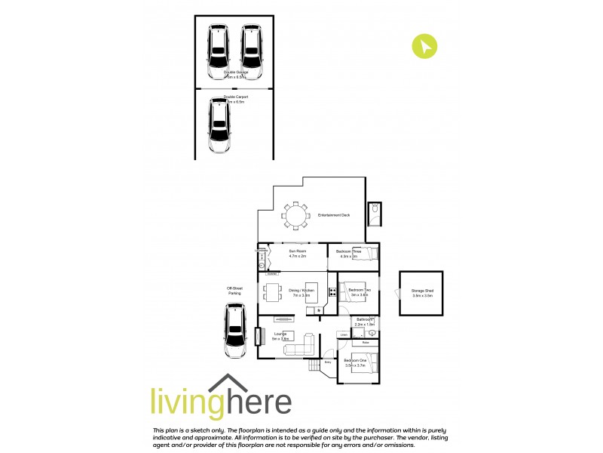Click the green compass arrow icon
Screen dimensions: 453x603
click(425, 46)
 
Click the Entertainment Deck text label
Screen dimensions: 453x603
click(334, 216)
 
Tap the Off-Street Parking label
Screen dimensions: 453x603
click(234, 291)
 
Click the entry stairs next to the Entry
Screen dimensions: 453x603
click(314, 366)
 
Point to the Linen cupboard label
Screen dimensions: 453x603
click(343, 334)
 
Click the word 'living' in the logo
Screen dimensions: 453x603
click(184, 401)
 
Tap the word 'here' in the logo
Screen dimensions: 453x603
click(256, 401)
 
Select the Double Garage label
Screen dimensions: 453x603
click(235, 72)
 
